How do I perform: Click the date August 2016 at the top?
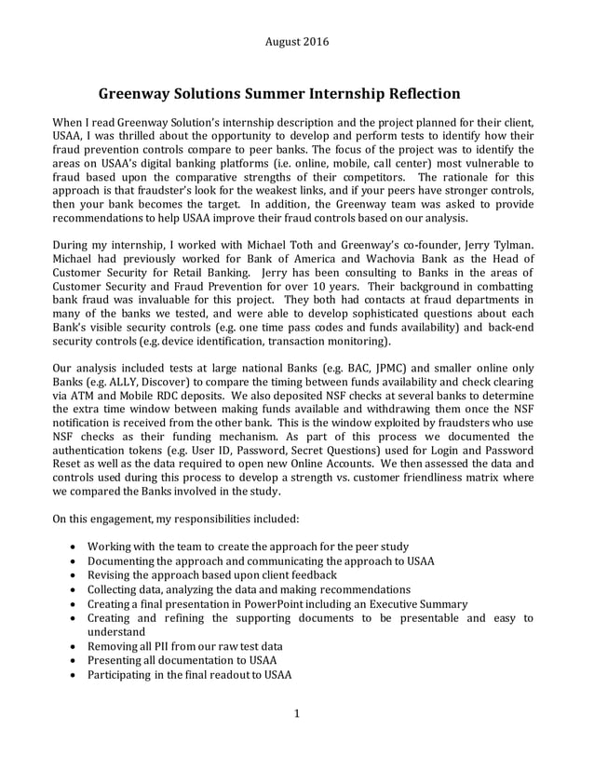tap(296, 41)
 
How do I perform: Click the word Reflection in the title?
tap(412, 93)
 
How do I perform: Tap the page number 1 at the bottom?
tap(296, 740)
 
